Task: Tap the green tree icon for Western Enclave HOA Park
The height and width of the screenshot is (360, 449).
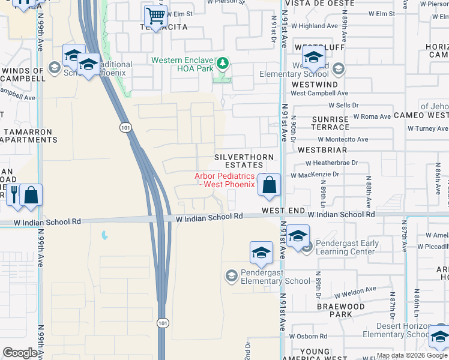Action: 223,62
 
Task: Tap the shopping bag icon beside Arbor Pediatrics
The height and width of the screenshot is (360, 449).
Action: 270,185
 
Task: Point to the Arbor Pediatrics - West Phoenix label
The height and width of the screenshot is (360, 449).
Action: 224,180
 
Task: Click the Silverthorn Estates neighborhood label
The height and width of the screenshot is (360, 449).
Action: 239,161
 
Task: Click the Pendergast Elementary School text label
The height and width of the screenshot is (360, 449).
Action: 276,277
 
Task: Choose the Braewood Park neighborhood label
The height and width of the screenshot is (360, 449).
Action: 341,310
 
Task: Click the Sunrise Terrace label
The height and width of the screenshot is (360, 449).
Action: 330,123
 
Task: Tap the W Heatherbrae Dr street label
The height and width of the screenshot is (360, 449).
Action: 331,163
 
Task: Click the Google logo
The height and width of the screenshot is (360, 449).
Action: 20,353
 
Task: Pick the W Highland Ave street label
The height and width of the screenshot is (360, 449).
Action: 318,26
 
